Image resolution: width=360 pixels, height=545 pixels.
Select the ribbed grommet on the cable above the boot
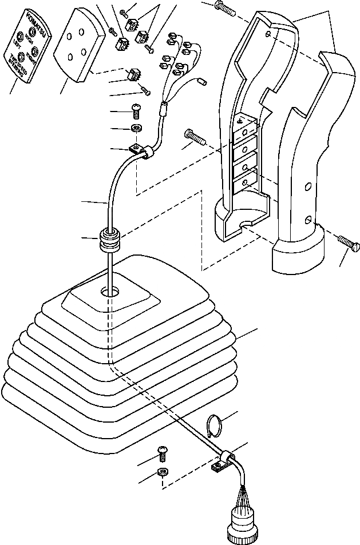pos(110,238)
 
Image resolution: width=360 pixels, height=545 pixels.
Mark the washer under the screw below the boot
pos(163,472)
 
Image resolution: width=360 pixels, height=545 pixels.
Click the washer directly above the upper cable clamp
pos(137,128)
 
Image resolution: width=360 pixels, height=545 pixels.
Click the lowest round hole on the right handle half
pos(308,220)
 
